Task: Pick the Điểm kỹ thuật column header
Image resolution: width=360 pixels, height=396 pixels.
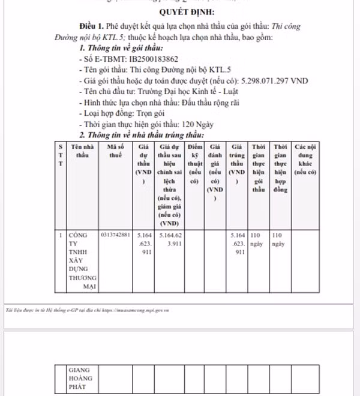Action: pyautogui.click(x=194, y=163)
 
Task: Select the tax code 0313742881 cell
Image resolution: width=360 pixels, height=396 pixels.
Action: pyautogui.click(x=116, y=235)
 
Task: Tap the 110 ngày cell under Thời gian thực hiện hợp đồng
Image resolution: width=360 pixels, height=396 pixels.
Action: pyautogui.click(x=279, y=240)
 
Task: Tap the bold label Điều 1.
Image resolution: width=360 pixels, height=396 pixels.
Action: pyautogui.click(x=92, y=27)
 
